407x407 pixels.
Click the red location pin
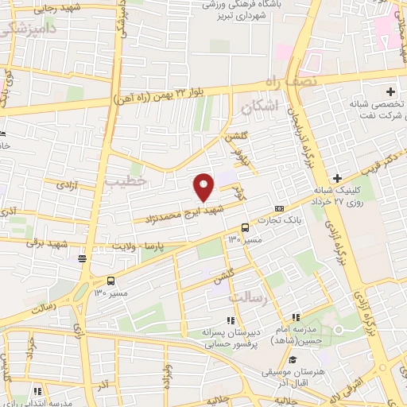(x=204, y=188)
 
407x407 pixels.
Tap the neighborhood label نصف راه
(x=292, y=81)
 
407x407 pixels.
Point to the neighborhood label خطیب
(x=126, y=182)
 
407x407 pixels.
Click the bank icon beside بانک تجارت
(x=279, y=208)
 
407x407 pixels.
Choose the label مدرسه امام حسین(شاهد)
(x=300, y=335)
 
